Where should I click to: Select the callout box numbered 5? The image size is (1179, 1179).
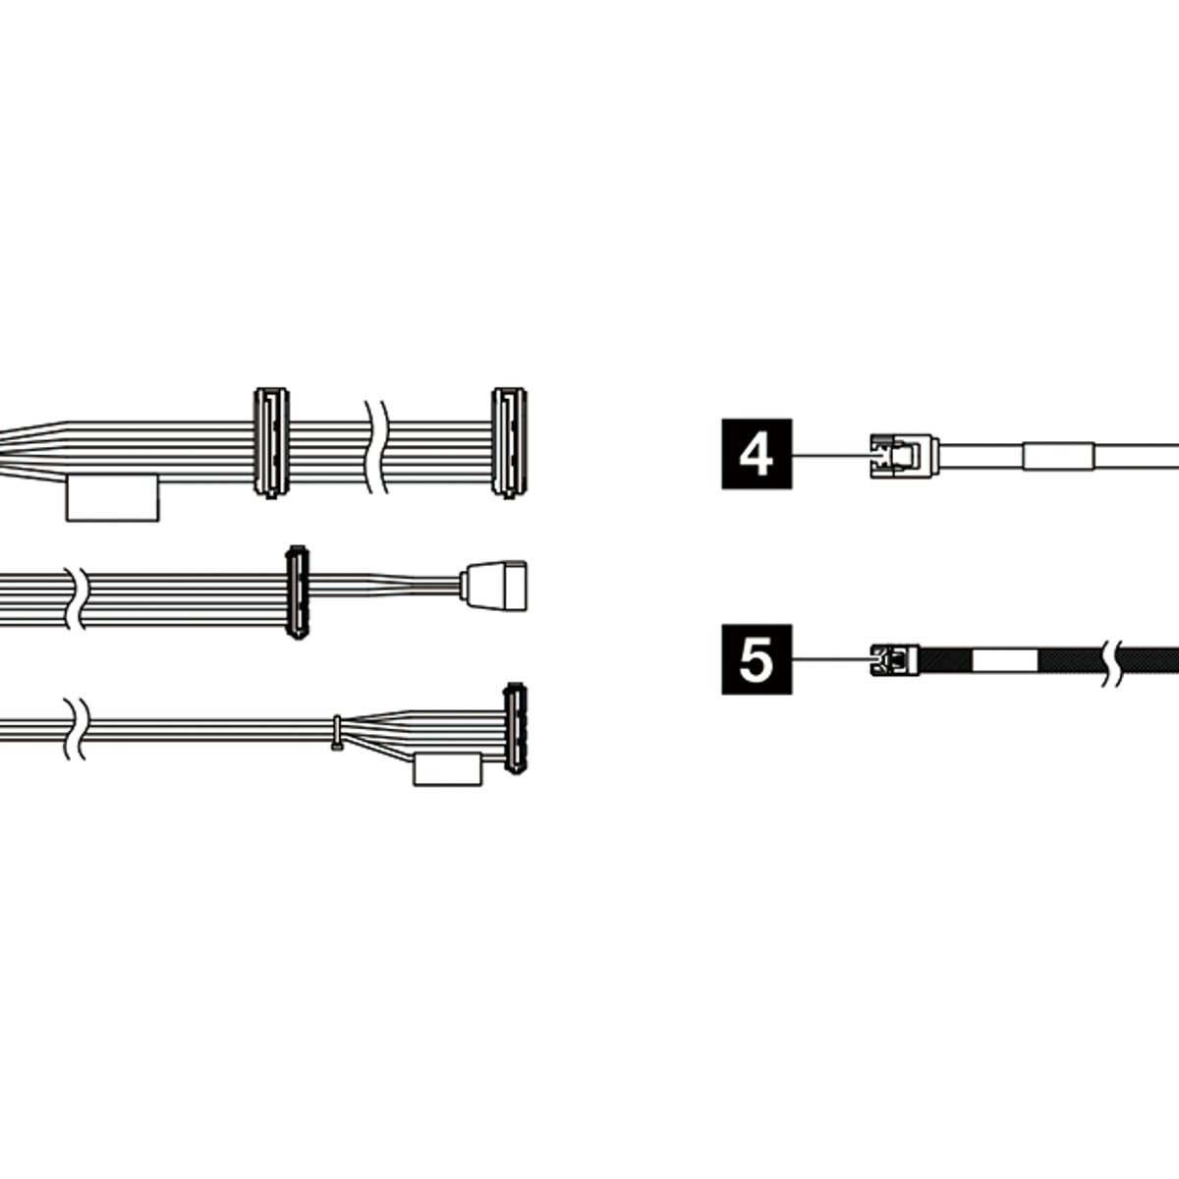click(756, 659)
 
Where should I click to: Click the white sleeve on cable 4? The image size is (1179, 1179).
click(1057, 456)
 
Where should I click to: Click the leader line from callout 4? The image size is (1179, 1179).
click(830, 455)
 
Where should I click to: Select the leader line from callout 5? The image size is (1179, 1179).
click(830, 659)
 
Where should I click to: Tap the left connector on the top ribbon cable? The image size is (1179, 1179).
click(271, 443)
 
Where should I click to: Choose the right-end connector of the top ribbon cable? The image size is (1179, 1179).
click(509, 442)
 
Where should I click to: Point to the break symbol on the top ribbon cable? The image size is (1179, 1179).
click(375, 445)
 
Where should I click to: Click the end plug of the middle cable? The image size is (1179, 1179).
click(496, 587)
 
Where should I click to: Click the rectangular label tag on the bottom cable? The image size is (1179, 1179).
click(449, 769)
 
